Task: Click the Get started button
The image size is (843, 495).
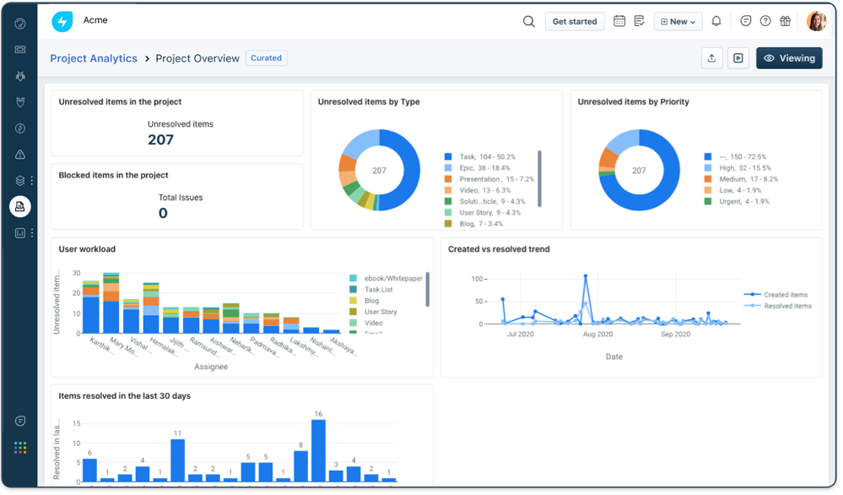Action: click(x=574, y=21)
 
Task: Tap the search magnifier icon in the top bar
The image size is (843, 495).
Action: click(x=529, y=21)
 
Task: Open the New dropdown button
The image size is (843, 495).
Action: click(x=678, y=21)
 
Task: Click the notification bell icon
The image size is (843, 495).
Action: click(x=716, y=21)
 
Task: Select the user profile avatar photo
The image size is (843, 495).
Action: click(x=816, y=21)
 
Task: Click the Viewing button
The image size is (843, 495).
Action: click(x=789, y=58)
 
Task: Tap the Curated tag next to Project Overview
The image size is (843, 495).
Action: click(x=266, y=58)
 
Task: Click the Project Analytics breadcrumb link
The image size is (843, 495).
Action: click(x=94, y=58)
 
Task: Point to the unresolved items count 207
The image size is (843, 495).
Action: click(x=160, y=140)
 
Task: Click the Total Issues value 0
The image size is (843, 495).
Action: click(x=163, y=213)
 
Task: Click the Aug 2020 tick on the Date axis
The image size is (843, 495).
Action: click(x=598, y=335)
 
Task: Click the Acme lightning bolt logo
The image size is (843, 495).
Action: click(x=62, y=21)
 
